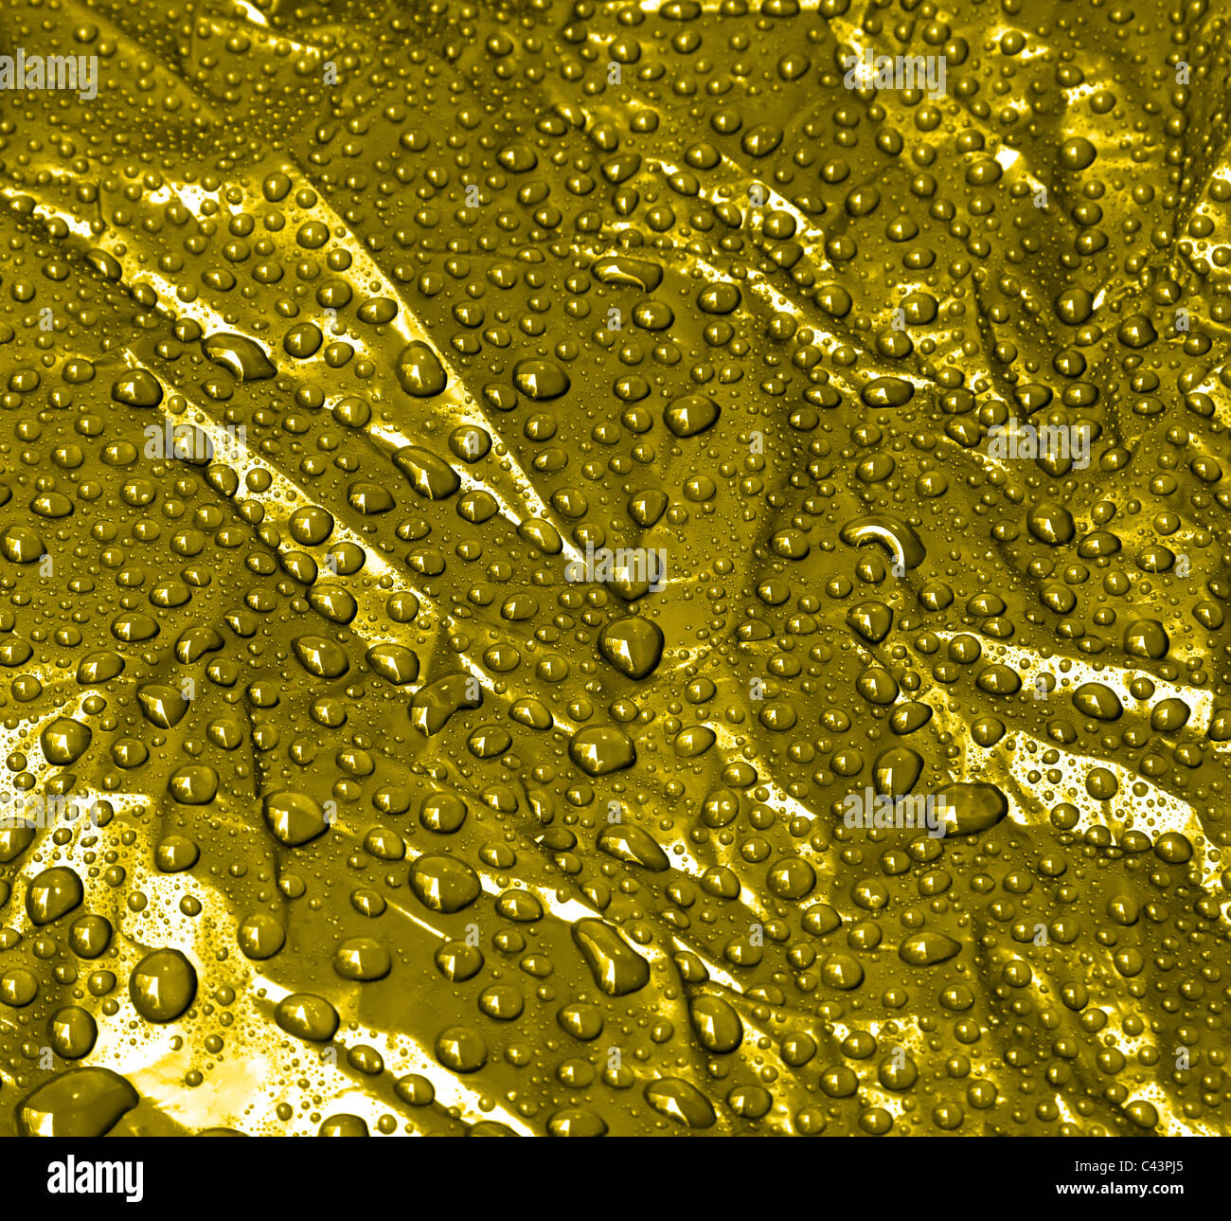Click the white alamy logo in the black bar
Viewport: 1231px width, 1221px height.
click(x=96, y=1178)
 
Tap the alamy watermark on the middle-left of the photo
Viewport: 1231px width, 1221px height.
click(x=194, y=442)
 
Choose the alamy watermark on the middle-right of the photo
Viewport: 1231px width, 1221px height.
click(x=1039, y=442)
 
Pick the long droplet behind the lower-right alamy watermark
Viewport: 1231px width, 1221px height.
click(x=966, y=807)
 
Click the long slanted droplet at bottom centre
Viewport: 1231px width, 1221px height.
click(x=612, y=956)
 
